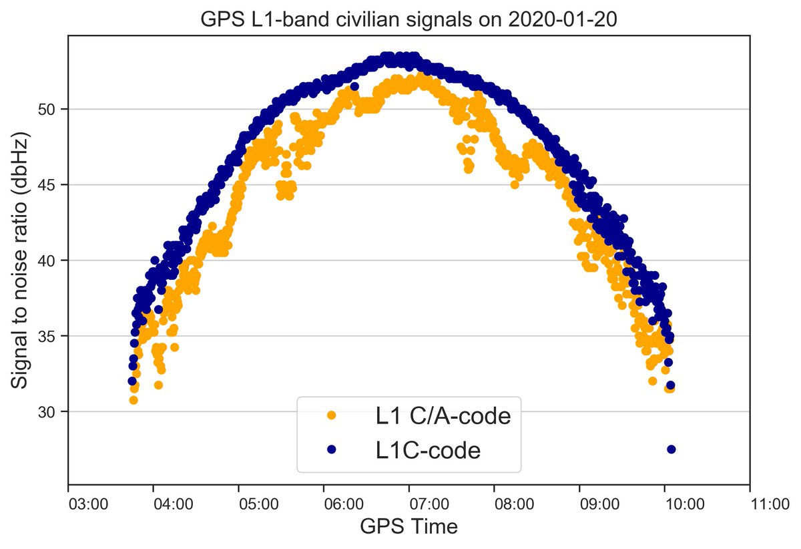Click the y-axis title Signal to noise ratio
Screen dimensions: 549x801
(21, 262)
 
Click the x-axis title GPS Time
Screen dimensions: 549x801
(409, 526)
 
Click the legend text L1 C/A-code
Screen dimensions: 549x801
(443, 417)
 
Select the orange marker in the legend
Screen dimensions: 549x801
(332, 416)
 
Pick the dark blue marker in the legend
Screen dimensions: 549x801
(332, 449)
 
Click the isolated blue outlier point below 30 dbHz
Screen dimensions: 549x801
(672, 449)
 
